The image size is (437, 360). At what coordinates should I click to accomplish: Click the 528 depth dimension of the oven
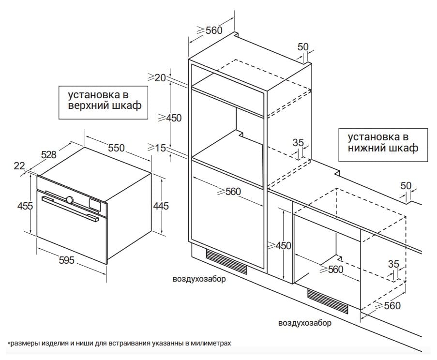[48, 155]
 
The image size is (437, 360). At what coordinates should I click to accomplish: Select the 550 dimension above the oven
[116, 148]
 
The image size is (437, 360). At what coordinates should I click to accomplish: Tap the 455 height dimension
[25, 206]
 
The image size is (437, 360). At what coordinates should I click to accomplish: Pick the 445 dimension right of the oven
[161, 206]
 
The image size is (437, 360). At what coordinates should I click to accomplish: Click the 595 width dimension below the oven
[66, 260]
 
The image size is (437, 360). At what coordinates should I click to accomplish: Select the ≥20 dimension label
[157, 77]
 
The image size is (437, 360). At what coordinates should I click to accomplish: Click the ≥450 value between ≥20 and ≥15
[167, 118]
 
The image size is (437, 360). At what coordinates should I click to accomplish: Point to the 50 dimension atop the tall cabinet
[303, 46]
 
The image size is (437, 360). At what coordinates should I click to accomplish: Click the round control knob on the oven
[70, 199]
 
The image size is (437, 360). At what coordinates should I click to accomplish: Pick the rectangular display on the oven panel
[94, 204]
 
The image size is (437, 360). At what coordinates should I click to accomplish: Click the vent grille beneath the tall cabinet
[226, 261]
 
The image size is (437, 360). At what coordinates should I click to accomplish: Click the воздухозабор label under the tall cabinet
[199, 279]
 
